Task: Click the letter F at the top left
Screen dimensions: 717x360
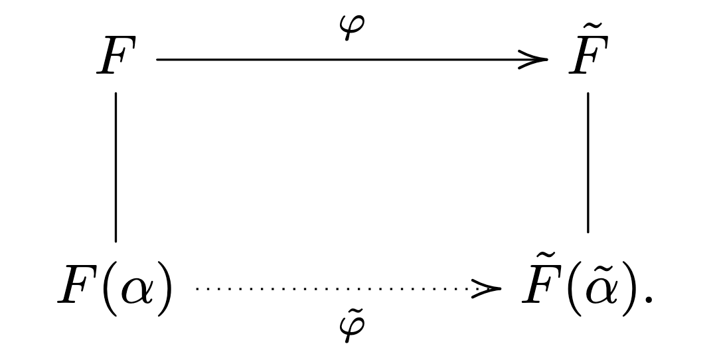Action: coord(117,56)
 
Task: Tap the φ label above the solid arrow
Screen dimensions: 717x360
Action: coord(352,27)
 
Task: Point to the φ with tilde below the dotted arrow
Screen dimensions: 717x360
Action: coord(352,325)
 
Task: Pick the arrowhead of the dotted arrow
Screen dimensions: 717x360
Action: coord(487,289)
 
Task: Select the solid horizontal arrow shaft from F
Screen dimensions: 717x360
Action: coord(352,60)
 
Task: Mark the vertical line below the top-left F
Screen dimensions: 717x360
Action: coord(116,167)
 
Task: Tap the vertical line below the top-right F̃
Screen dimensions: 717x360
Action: coord(588,162)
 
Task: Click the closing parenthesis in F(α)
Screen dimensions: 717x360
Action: coord(165,288)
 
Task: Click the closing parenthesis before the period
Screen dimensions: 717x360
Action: coord(630,288)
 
